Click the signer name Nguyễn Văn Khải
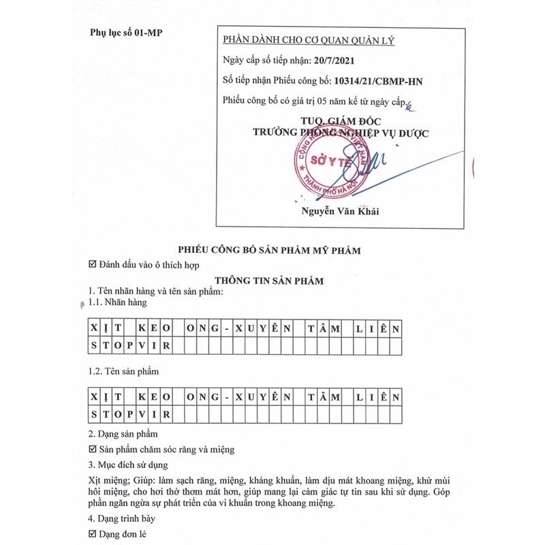pyautogui.click(x=340, y=211)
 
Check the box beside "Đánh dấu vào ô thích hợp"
pyautogui.click(x=93, y=264)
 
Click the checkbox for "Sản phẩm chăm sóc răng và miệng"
pyautogui.click(x=93, y=450)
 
